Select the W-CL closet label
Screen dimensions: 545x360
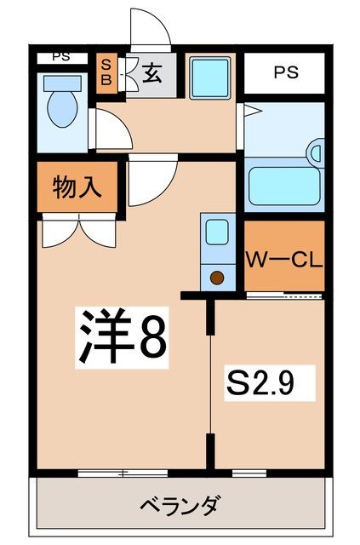coord(285,259)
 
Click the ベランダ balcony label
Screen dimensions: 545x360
coord(180,506)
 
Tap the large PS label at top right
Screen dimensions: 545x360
coord(286,72)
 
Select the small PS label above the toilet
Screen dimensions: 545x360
coord(60,57)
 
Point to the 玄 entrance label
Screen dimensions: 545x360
coord(152,74)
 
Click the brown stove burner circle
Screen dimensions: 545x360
coord(216,277)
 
